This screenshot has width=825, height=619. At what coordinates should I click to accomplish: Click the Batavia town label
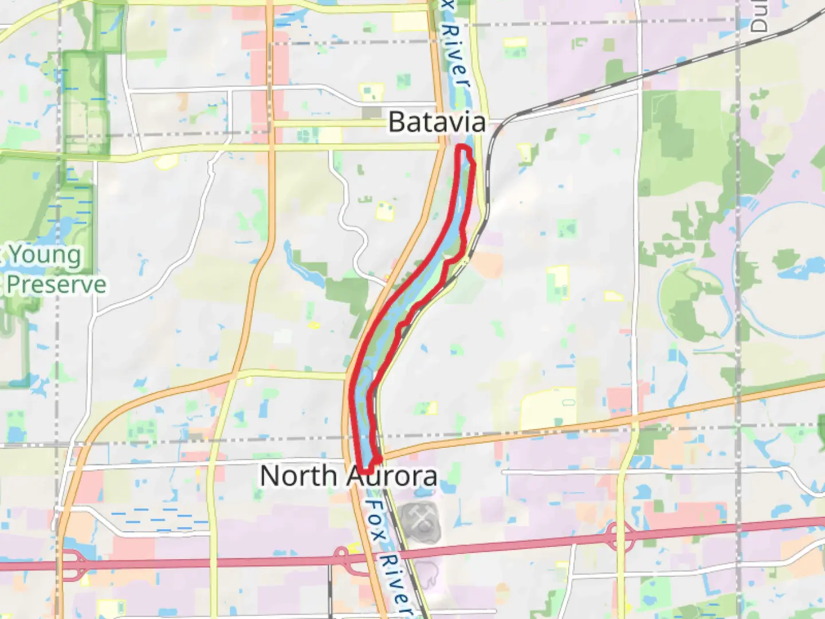(x=437, y=122)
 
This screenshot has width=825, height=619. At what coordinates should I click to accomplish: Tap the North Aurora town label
(x=348, y=476)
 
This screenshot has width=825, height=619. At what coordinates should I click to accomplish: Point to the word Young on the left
(x=45, y=256)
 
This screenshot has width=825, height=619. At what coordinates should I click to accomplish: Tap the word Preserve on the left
(x=56, y=285)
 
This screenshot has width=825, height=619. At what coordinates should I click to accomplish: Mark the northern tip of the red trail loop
(x=463, y=148)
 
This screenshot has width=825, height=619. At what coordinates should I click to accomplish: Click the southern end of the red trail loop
(x=367, y=470)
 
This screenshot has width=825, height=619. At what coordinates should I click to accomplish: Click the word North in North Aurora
(x=298, y=476)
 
